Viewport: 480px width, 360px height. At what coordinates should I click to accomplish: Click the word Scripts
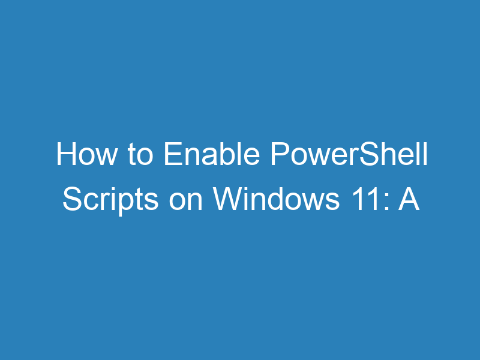(110, 200)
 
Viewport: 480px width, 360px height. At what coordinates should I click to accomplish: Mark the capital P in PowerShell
(277, 156)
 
